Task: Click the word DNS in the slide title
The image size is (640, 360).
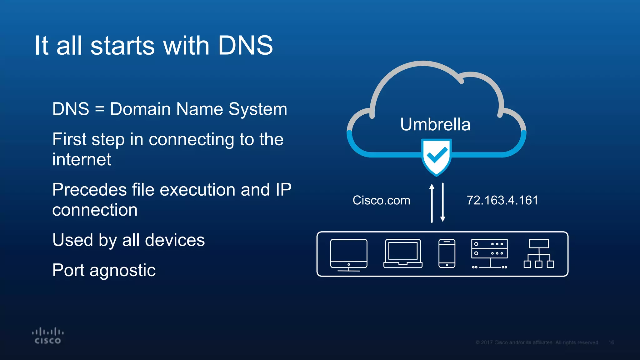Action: point(245,46)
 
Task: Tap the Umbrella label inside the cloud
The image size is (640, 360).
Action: point(435,124)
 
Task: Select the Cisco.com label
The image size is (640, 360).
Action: point(381,200)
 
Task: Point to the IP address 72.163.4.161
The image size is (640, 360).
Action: point(502,200)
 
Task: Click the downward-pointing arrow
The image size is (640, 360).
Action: point(443,202)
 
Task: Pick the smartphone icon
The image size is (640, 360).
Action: point(447,253)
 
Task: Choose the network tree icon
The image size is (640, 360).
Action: point(539,253)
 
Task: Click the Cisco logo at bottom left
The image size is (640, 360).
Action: point(48,336)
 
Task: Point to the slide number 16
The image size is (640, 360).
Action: point(611,342)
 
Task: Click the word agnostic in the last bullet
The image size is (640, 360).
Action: point(122,271)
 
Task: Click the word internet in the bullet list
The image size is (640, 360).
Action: point(82,159)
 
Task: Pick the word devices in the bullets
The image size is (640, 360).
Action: point(175,240)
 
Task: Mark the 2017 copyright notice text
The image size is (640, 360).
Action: point(537,342)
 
